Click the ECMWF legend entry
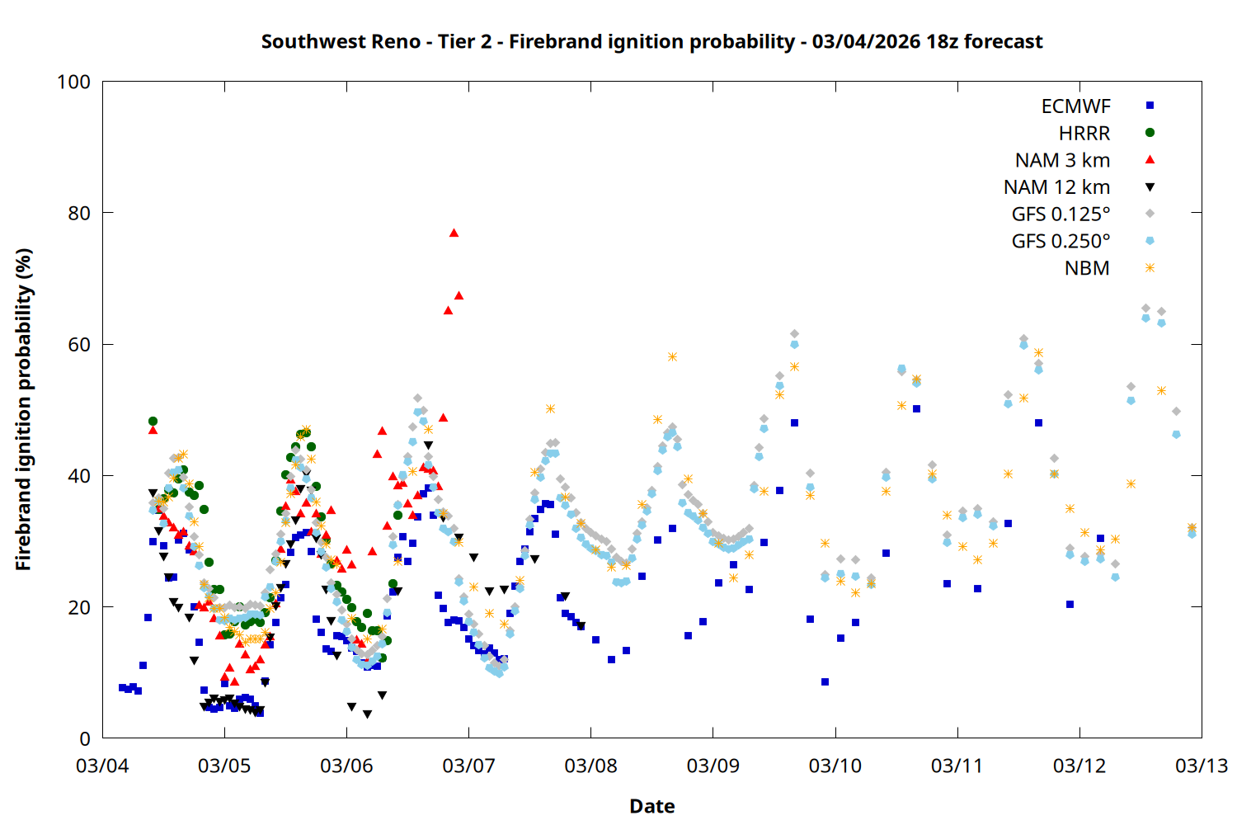[1075, 106]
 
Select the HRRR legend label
[1084, 134]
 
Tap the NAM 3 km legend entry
[1062, 161]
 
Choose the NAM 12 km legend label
[1056, 188]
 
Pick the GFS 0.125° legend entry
[1061, 214]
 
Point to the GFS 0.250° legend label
[1061, 242]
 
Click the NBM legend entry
[1087, 269]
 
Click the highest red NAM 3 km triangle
[454, 233]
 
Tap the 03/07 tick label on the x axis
[468, 766]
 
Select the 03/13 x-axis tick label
[1201, 766]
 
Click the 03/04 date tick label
[102, 766]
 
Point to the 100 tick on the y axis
[73, 82]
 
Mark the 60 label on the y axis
[79, 345]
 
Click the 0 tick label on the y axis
[84, 739]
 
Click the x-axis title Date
[651, 806]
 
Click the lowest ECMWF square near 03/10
[825, 682]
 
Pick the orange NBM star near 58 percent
[672, 357]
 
